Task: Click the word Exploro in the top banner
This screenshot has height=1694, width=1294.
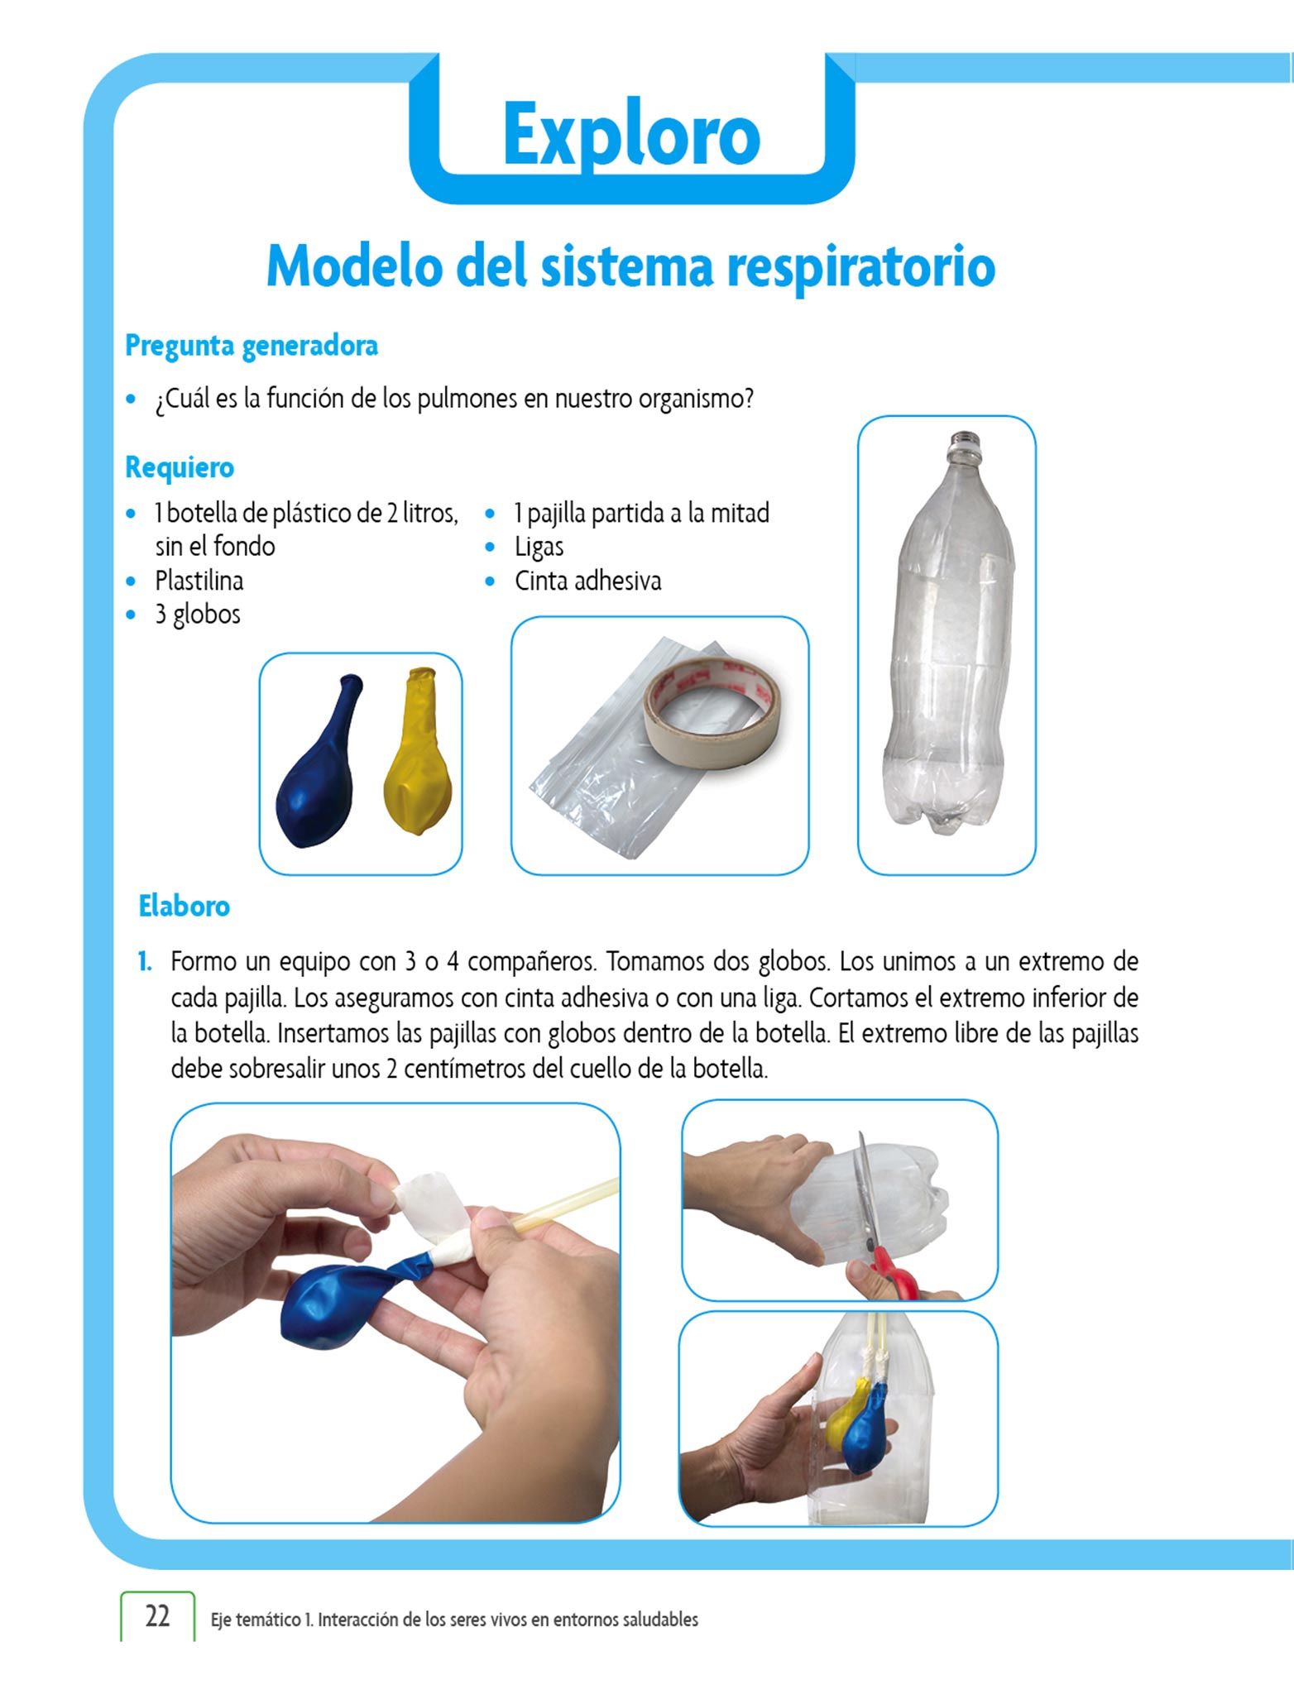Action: pyautogui.click(x=631, y=135)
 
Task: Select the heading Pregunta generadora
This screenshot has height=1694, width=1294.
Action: pyautogui.click(x=252, y=346)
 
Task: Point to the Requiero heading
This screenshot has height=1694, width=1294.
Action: pyautogui.click(x=180, y=467)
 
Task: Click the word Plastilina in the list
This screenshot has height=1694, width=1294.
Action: pyautogui.click(x=199, y=581)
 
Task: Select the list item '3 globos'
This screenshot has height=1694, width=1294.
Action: pyautogui.click(x=198, y=615)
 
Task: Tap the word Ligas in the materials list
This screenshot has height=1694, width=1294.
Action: pyautogui.click(x=539, y=547)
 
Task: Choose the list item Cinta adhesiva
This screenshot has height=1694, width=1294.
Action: pyautogui.click(x=588, y=581)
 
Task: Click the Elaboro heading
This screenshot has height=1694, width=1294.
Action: pyautogui.click(x=185, y=907)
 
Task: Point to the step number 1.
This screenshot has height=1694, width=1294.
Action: pyautogui.click(x=145, y=962)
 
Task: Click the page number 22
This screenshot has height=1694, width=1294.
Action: pyautogui.click(x=157, y=1616)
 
